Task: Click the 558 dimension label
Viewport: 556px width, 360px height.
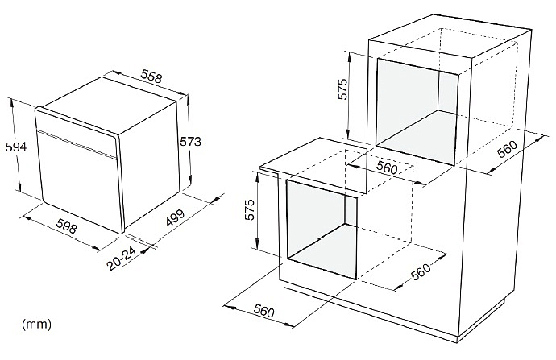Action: (151, 77)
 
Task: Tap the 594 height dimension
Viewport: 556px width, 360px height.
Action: (15, 147)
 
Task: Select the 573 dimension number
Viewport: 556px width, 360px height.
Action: (190, 142)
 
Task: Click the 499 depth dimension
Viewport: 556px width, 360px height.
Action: (175, 217)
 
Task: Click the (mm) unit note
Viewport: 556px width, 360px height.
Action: (36, 324)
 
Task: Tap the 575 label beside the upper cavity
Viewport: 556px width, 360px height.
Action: (342, 89)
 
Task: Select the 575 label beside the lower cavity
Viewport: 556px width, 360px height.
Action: (250, 210)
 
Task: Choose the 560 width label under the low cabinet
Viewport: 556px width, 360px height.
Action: (263, 311)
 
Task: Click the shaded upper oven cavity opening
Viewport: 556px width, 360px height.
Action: (417, 112)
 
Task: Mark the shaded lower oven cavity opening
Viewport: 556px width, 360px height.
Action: (322, 229)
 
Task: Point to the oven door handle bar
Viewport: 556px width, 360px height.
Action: (77, 145)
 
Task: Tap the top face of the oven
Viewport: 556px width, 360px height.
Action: (109, 106)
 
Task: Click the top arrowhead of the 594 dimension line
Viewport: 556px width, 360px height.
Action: (12, 101)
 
